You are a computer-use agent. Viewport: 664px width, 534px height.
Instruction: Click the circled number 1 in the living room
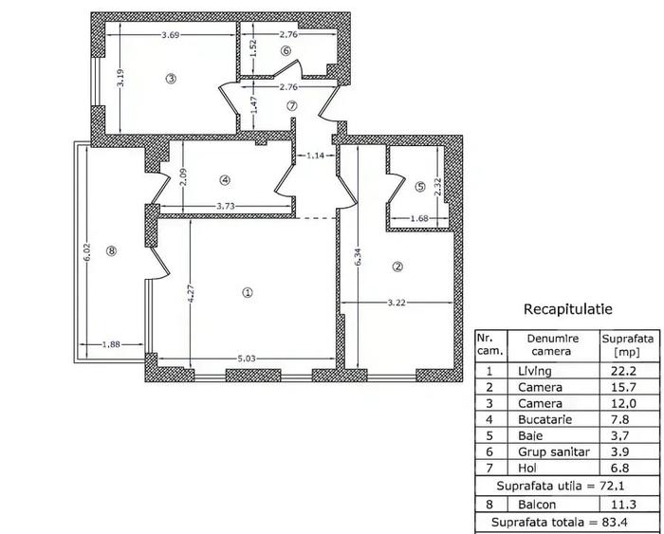point(248,293)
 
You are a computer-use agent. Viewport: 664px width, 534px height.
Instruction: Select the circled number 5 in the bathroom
point(421,187)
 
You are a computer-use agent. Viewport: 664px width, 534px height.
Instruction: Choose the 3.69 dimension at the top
point(171,35)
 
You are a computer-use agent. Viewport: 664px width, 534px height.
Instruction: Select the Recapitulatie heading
point(567,309)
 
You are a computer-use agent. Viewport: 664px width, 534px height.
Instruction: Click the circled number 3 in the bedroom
point(170,79)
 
